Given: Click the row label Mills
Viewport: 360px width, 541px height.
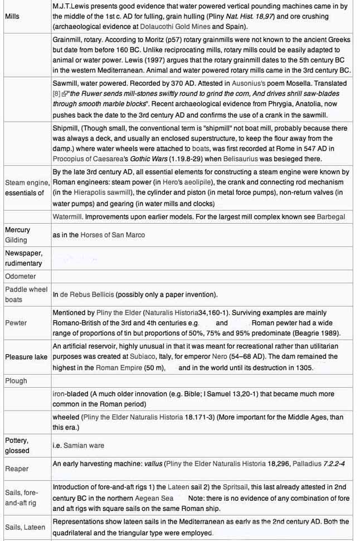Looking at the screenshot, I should point(12,16).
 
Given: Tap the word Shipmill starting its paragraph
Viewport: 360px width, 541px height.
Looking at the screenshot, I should point(66,128).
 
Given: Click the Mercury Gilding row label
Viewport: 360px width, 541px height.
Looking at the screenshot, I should point(17,235).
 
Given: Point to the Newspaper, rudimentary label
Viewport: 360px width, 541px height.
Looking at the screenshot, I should point(23,258).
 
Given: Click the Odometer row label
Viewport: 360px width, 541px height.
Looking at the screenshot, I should point(20,276).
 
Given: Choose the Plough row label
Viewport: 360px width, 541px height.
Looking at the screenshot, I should point(16,381).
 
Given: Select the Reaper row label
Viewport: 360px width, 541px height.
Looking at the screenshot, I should point(17,469).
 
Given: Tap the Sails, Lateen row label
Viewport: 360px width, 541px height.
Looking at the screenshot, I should point(25,527).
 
